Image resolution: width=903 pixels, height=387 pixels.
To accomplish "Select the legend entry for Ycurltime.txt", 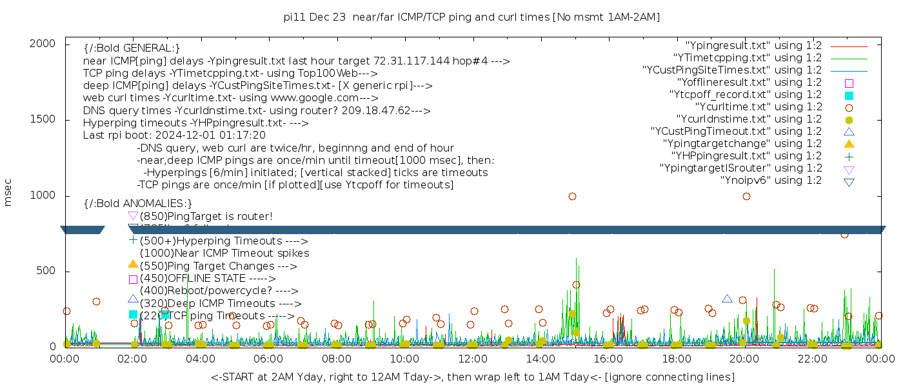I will click(758, 107).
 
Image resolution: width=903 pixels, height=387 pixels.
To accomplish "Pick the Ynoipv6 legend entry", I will click(771, 181).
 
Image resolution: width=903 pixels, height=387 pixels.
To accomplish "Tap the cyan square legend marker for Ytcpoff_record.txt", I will click(849, 95).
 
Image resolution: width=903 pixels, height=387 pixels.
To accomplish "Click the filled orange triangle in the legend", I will click(849, 144).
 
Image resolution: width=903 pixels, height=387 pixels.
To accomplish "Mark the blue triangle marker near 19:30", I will click(727, 299).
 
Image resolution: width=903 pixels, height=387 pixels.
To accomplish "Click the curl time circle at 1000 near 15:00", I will click(572, 196).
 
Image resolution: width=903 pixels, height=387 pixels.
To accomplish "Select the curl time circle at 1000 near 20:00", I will click(746, 196).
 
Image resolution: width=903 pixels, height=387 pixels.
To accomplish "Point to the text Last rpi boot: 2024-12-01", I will click(174, 135).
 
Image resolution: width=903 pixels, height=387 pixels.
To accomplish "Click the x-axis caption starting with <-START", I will click(472, 377).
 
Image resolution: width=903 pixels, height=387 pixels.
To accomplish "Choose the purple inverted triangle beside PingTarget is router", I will click(133, 215).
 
